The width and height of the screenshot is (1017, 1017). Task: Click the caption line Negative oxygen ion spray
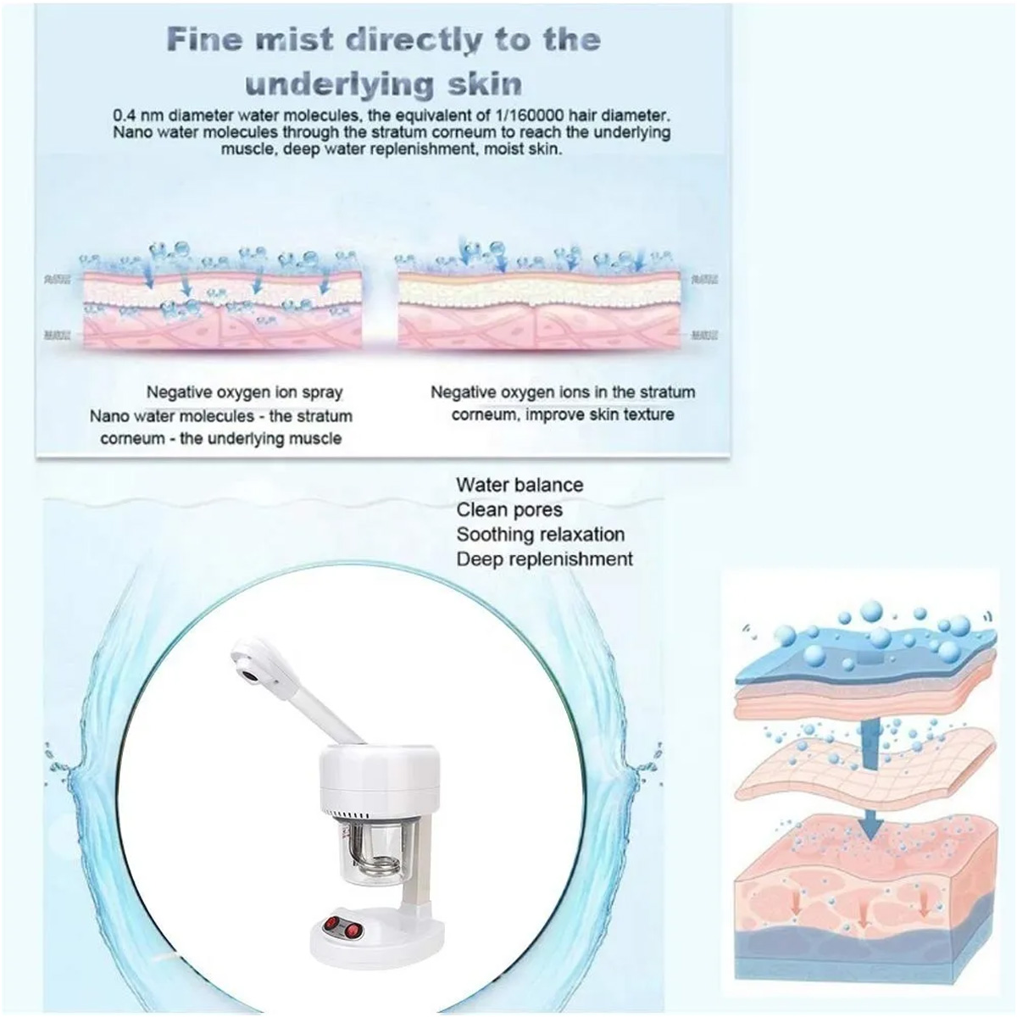click(x=244, y=392)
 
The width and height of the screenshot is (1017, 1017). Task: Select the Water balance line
click(x=520, y=485)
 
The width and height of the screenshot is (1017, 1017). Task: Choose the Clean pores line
click(x=508, y=509)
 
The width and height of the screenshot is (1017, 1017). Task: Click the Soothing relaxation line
click(x=540, y=535)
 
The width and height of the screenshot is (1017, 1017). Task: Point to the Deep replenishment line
click(x=544, y=559)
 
